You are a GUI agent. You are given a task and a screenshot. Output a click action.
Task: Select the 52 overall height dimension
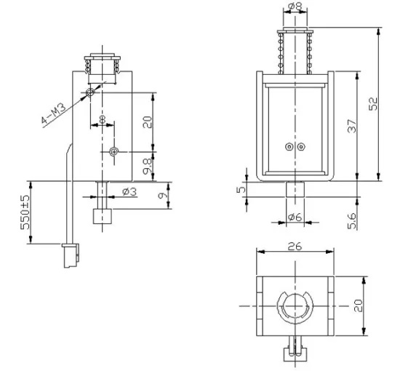tap(372, 104)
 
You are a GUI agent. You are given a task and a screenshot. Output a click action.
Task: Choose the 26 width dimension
tap(294, 246)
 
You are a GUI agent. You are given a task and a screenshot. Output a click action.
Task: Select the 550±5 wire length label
tap(26, 210)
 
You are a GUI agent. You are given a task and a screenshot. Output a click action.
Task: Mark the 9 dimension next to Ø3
tap(162, 195)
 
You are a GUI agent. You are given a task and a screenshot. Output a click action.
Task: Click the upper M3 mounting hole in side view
tap(90, 93)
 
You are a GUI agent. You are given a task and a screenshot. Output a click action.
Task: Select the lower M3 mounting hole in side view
tap(113, 151)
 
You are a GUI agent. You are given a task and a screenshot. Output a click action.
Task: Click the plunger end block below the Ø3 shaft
tap(101, 217)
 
